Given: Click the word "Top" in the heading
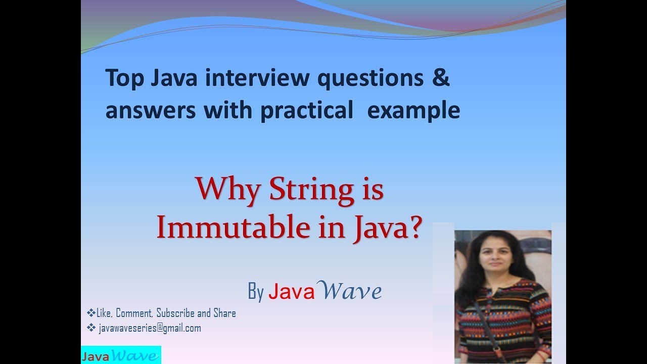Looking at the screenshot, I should (125, 79).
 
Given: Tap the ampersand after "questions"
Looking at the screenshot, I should (441, 79).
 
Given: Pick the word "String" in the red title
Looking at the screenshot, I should (312, 191).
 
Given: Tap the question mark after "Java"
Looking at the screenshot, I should (413, 228).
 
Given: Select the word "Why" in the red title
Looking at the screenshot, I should (228, 191).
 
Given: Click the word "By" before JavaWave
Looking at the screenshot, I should (256, 292).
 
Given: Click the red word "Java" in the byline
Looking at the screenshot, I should (292, 292).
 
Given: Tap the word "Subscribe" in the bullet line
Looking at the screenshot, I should (176, 313).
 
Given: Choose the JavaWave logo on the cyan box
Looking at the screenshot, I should (120, 355).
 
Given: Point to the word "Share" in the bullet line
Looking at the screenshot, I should (224, 313).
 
